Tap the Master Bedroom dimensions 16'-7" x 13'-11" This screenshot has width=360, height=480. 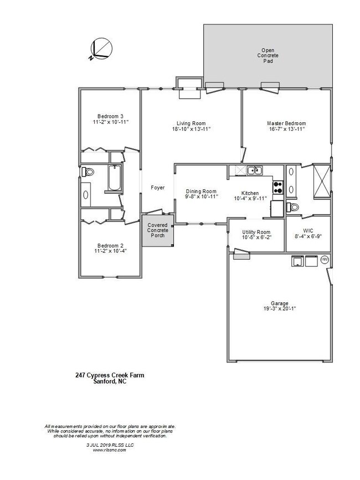click(x=286, y=128)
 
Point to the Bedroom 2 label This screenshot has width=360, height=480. click(x=110, y=245)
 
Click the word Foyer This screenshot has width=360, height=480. click(x=158, y=188)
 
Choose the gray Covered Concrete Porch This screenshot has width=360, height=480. click(x=158, y=230)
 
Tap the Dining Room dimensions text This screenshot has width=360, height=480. click(x=201, y=197)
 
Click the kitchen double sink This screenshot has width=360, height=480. click(x=254, y=171)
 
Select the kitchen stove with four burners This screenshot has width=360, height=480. click(x=277, y=188)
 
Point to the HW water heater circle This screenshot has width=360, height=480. click(x=325, y=260)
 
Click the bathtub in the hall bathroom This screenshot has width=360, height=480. click(x=114, y=178)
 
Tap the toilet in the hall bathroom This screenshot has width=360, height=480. click(x=88, y=173)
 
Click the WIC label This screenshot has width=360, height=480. click(x=307, y=231)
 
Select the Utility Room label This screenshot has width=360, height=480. click(x=256, y=232)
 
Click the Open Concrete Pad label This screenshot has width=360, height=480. click(x=268, y=55)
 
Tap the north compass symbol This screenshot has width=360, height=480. click(x=101, y=49)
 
